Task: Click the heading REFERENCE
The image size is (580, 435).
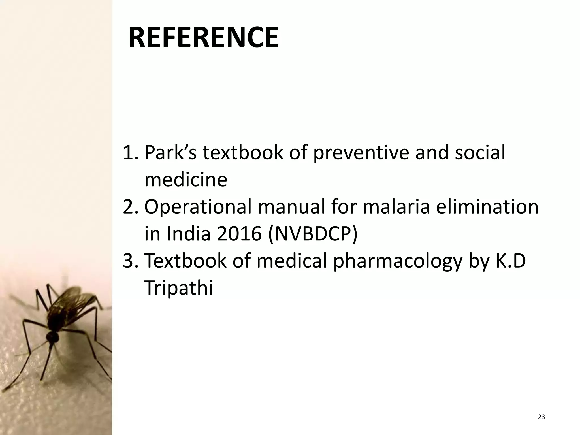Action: tap(203, 38)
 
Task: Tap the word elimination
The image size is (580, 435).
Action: tap(487, 207)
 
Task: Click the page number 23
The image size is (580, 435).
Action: tap(541, 417)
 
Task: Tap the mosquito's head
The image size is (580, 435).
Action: tap(53, 337)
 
